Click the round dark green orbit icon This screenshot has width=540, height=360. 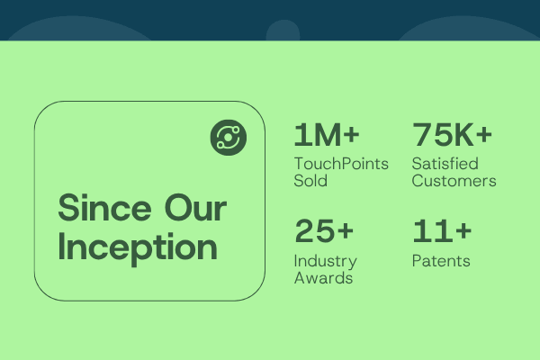click(x=229, y=138)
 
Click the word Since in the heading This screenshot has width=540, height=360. click(x=104, y=208)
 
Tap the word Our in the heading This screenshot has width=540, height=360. click(x=195, y=208)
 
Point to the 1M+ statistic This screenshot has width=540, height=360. click(x=327, y=135)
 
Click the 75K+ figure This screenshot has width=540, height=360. click(x=452, y=134)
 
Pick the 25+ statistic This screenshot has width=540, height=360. click(x=324, y=230)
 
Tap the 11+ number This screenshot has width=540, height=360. click(x=442, y=230)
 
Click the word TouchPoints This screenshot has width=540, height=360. click(x=341, y=164)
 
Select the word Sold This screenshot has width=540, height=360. click(x=310, y=181)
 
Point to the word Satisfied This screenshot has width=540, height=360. click(x=445, y=164)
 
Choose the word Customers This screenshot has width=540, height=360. click(x=454, y=181)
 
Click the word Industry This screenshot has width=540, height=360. click(x=326, y=262)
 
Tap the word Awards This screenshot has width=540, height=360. click(x=323, y=278)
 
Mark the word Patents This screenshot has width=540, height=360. click(x=441, y=261)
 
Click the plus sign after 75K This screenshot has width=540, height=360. click(x=484, y=134)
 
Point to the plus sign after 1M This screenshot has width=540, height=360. click(x=351, y=134)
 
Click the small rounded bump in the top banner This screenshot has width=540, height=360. click(x=283, y=31)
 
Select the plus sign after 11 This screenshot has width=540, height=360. click(x=463, y=230)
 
